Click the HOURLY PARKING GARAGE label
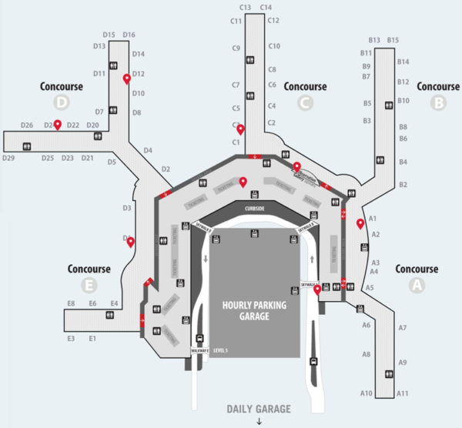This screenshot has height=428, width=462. [x=253, y=310]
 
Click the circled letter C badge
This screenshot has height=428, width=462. [x=305, y=102]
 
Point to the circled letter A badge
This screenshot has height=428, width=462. [x=417, y=284]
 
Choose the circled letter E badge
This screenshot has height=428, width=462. [x=89, y=285]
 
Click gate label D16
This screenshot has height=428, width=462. [x=129, y=35]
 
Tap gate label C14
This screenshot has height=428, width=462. [x=266, y=8]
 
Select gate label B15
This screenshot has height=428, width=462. [x=393, y=40]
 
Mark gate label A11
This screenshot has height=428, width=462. [x=402, y=393]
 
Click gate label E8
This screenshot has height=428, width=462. [x=71, y=304]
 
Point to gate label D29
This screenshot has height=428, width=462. [x=8, y=158]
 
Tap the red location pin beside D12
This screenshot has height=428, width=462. [x=127, y=78]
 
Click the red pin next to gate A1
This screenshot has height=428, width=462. [x=360, y=223]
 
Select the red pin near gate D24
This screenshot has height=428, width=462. [x=57, y=123]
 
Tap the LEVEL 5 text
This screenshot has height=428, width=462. [x=221, y=350]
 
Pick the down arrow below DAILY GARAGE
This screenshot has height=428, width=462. [x=259, y=421]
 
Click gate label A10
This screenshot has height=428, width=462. [x=367, y=393]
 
